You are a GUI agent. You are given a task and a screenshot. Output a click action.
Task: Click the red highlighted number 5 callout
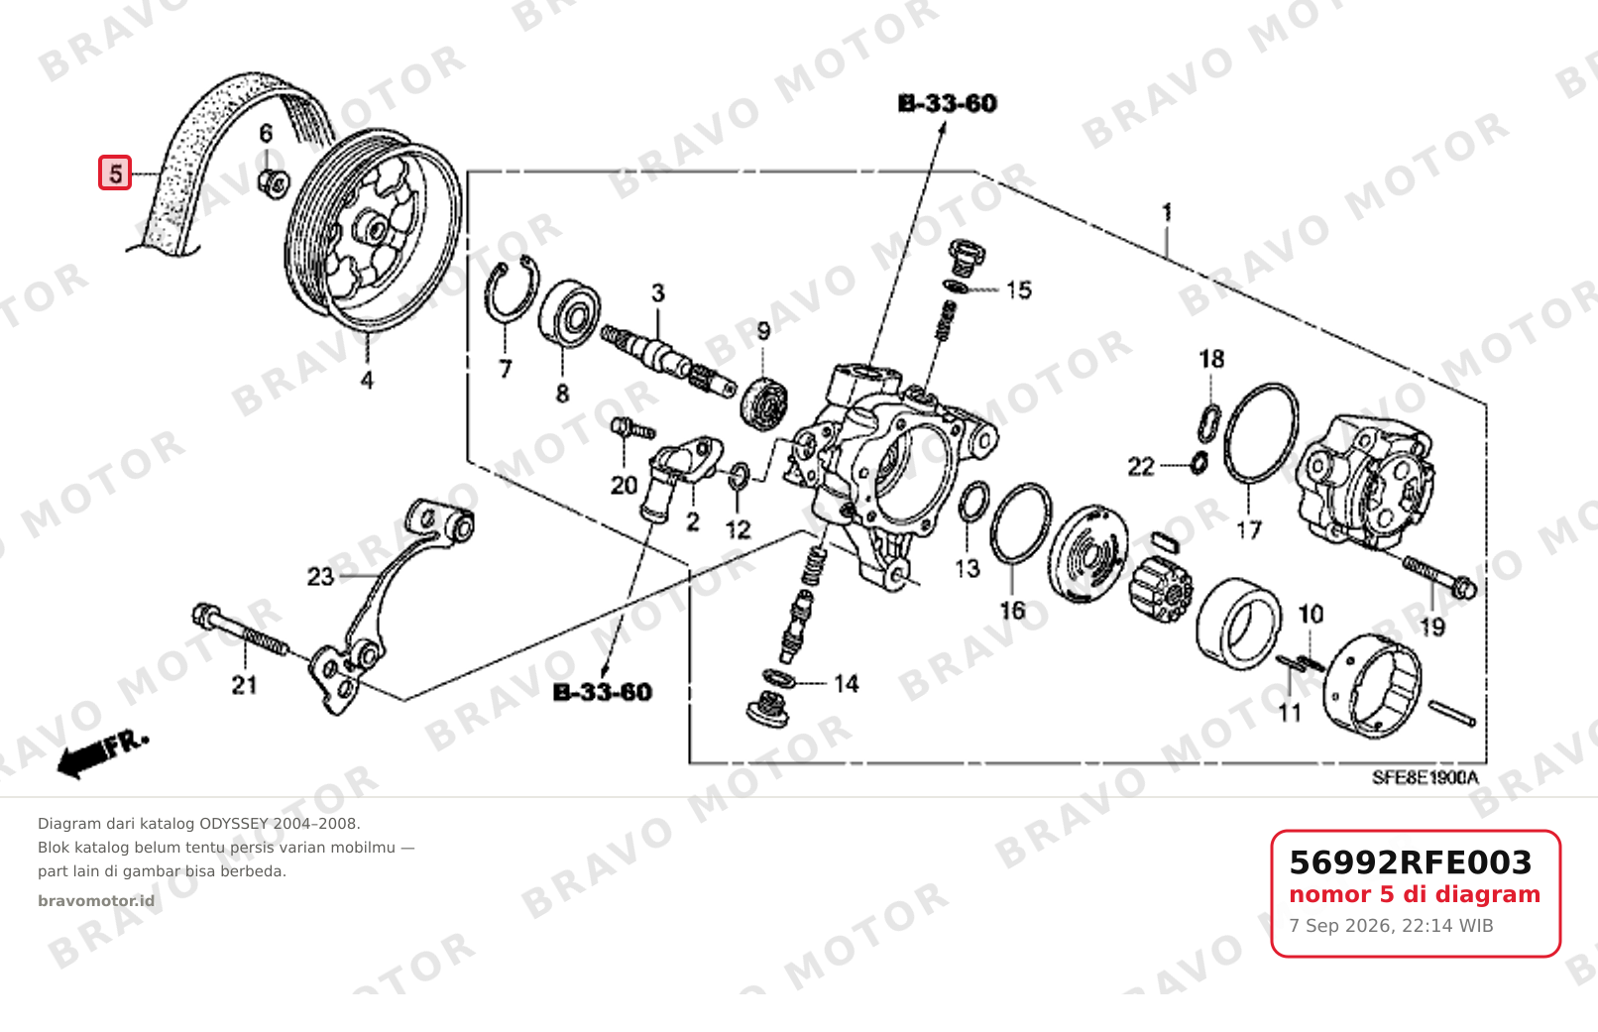click(115, 173)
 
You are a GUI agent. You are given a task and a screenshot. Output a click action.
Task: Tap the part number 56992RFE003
click(1411, 862)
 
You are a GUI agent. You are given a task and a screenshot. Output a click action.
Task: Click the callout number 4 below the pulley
click(367, 380)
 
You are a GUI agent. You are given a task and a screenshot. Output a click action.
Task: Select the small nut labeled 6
click(274, 183)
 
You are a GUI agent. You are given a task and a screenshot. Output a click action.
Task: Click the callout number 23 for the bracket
click(320, 576)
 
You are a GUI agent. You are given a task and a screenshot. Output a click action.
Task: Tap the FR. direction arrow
click(101, 755)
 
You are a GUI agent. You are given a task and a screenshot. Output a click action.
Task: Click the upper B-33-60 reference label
click(947, 104)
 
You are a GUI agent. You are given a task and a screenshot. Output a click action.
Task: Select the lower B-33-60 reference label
click(603, 693)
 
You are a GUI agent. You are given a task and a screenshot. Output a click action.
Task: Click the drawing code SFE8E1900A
click(1426, 777)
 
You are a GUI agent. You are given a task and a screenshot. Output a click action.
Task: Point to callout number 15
click(1019, 290)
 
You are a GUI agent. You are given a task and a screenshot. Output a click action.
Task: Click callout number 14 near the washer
click(846, 684)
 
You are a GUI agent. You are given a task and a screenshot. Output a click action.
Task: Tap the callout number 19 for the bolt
click(1431, 628)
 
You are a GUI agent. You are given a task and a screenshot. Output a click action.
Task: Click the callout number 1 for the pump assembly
click(1167, 212)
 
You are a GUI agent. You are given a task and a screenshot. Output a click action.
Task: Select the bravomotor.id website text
click(96, 901)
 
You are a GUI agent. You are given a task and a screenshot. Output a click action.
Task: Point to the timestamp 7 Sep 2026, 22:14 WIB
click(1391, 926)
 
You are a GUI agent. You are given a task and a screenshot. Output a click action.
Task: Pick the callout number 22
click(1141, 467)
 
